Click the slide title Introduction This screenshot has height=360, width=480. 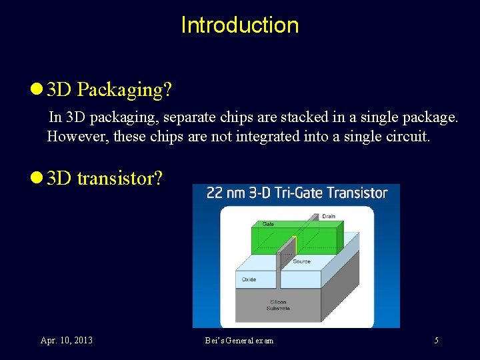tap(239, 25)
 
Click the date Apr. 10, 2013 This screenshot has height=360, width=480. tap(67, 341)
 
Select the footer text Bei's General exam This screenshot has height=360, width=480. tap(239, 341)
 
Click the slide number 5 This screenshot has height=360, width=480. tap(437, 341)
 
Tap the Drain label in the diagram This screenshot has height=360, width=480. tap(328, 217)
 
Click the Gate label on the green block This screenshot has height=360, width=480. tap(268, 224)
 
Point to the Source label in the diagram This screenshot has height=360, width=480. tap(301, 261)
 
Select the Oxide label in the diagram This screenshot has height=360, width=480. tap(249, 279)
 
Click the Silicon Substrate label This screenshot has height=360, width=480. tap(279, 305)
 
